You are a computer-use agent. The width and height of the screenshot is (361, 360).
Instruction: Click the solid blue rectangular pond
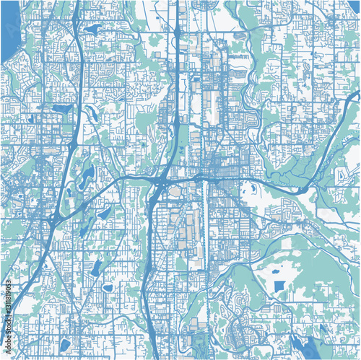point(278,286)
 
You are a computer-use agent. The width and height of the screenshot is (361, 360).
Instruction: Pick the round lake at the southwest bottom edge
point(64,344)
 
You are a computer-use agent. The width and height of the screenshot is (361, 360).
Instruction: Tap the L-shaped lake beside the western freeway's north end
point(92,30)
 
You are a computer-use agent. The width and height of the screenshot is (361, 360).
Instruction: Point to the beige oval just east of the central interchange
point(174,191)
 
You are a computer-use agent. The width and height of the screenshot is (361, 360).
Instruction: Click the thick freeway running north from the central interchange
point(176,87)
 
